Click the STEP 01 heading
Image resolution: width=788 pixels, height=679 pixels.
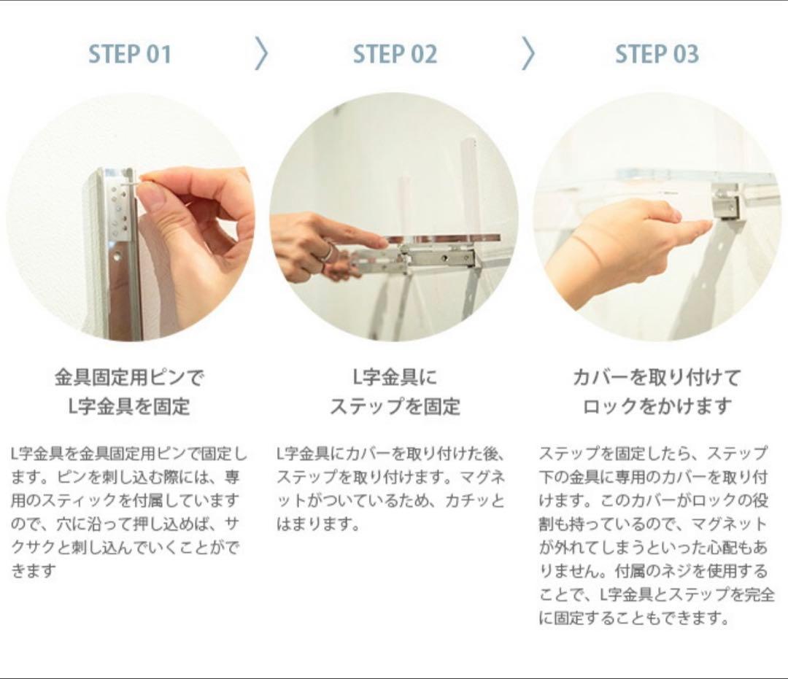tap(130, 54)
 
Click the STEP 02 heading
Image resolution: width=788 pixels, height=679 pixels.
tap(395, 54)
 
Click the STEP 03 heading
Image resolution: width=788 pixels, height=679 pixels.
tap(657, 54)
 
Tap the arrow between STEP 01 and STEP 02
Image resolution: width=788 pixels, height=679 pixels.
tap(261, 53)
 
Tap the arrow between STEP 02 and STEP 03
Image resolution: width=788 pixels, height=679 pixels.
tap(528, 53)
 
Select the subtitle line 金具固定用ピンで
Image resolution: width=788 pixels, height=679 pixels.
tap(129, 378)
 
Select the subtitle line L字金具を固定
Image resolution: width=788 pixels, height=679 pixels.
tap(129, 406)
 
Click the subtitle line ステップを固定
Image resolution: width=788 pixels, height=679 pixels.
tap(395, 406)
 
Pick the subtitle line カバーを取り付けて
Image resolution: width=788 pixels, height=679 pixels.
tap(657, 378)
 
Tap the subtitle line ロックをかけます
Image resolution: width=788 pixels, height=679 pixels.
tap(657, 406)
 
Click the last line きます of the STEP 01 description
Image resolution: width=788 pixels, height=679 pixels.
tap(33, 571)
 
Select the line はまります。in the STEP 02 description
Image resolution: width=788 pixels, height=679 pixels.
tap(319, 524)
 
